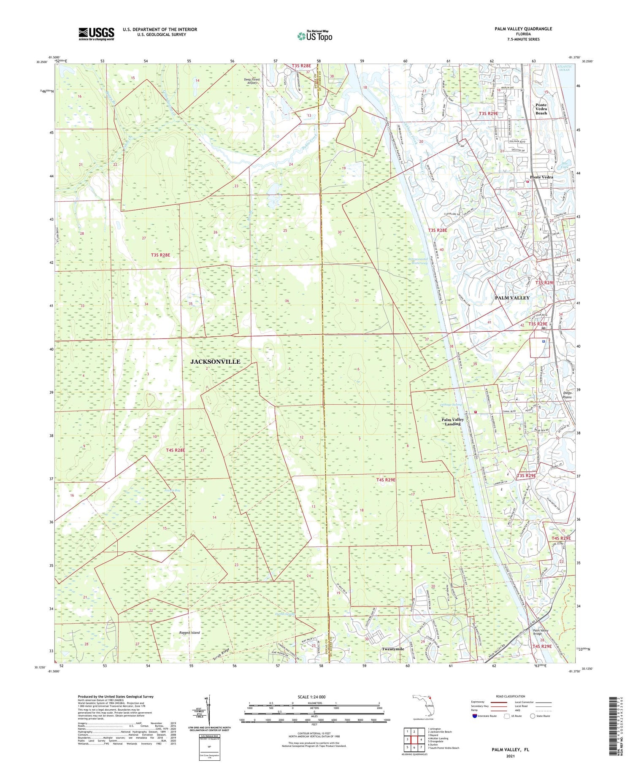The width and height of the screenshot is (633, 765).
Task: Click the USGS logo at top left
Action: [96, 34]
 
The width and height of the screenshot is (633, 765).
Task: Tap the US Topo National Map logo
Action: [315, 36]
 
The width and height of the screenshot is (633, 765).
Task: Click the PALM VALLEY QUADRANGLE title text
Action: [523, 29]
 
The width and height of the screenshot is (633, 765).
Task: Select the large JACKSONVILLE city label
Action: [215, 362]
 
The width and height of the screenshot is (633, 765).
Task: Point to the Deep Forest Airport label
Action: [252, 81]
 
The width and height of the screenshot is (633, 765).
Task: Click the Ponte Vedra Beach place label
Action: [541, 109]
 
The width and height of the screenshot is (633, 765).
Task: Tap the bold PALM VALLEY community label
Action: [512, 298]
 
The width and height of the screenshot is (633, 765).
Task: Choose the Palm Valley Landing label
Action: [452, 422]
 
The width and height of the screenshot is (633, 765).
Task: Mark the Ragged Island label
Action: [189, 633]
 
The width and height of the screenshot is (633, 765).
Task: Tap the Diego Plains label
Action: [567, 395]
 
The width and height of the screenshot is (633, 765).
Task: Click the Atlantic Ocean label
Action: [564, 68]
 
